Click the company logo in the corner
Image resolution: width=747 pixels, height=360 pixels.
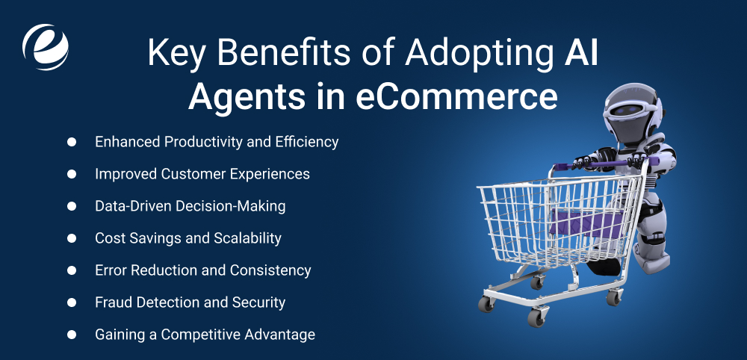coord(46,46)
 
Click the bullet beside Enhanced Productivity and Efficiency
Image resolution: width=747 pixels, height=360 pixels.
coord(72,142)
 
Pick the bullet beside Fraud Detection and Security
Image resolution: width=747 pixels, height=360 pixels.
coord(72,302)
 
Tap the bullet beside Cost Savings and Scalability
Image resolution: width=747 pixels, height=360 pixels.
coord(72,238)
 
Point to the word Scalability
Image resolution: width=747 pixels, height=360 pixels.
coord(244,238)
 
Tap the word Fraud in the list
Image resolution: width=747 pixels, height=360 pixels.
coord(114,302)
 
